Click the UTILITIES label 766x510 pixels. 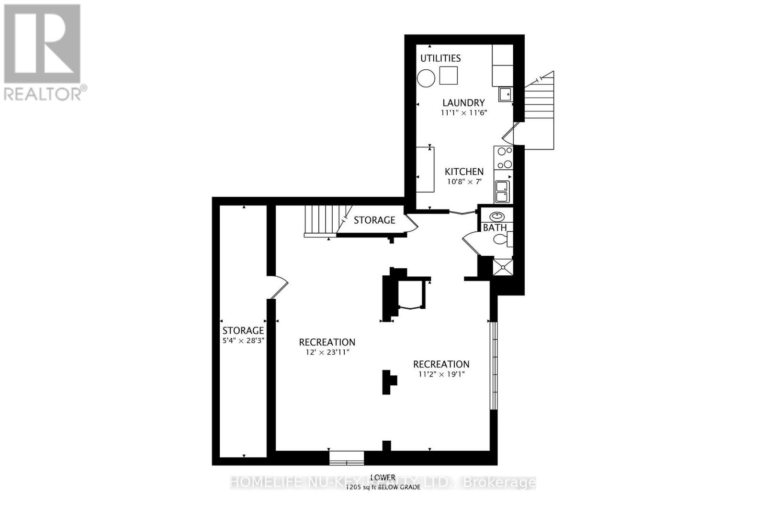pyautogui.click(x=440, y=58)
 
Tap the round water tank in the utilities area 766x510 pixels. pyautogui.click(x=426, y=78)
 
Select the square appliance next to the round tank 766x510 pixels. pyautogui.click(x=449, y=76)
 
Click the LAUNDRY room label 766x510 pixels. pyautogui.click(x=463, y=103)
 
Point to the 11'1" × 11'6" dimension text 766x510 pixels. pyautogui.click(x=463, y=113)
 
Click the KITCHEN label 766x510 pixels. pyautogui.click(x=464, y=172)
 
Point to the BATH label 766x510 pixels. pyautogui.click(x=495, y=228)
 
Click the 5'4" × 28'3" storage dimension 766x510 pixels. pyautogui.click(x=243, y=341)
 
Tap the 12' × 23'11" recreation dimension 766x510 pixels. pyautogui.click(x=327, y=352)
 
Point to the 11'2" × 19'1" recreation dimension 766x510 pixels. pyautogui.click(x=441, y=374)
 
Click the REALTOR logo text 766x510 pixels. pyautogui.click(x=45, y=93)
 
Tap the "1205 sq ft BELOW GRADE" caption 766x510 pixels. pyautogui.click(x=383, y=487)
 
